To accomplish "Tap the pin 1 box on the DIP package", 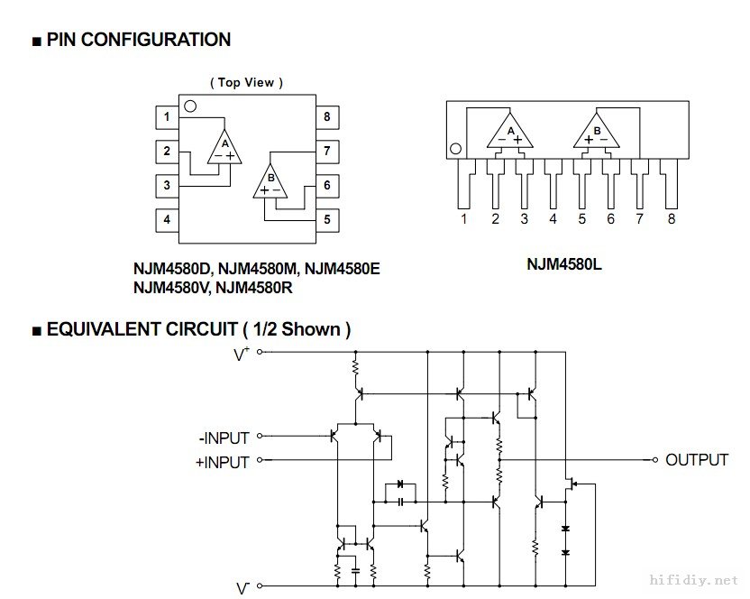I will (x=167, y=116).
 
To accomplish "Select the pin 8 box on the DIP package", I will (x=326, y=116).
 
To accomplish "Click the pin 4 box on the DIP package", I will (x=167, y=218).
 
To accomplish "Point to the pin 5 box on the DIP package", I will (x=326, y=218).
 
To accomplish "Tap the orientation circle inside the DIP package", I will (x=190, y=106).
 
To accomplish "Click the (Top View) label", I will (x=246, y=82).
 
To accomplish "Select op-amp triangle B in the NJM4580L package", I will (x=597, y=133).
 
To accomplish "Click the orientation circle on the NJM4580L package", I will (x=456, y=149).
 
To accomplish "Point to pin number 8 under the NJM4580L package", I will (x=671, y=218).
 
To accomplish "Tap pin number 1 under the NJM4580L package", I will (x=463, y=218).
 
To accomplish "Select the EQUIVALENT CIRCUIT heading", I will (x=191, y=329).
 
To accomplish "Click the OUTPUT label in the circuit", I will (x=696, y=460).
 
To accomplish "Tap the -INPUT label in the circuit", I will (x=224, y=438).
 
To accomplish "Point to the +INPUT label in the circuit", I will (x=223, y=463).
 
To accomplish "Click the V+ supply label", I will (x=242, y=355).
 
